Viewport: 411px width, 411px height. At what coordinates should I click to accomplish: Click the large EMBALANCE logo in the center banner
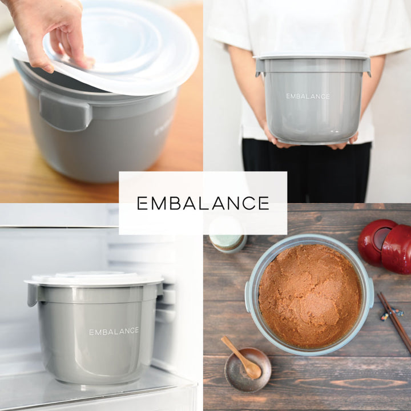[203, 203]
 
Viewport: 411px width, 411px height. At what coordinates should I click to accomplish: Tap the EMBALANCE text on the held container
[308, 96]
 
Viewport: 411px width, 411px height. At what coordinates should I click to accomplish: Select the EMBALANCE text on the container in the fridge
[114, 331]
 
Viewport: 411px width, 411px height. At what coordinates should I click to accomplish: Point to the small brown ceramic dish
[248, 369]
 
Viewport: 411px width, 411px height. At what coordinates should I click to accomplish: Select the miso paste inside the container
[310, 296]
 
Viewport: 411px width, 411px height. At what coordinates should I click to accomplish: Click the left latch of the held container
[259, 67]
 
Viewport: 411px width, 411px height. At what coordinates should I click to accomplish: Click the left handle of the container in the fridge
[32, 295]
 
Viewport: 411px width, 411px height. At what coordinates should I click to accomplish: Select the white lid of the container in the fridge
[94, 279]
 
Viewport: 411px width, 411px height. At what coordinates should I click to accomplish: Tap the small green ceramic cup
[228, 239]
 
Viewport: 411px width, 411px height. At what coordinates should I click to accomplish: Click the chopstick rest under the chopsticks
[391, 315]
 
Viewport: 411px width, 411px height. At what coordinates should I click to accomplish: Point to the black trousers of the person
[306, 171]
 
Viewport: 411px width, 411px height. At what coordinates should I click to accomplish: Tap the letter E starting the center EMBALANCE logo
[142, 203]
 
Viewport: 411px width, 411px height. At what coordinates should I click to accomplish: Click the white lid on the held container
[312, 55]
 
